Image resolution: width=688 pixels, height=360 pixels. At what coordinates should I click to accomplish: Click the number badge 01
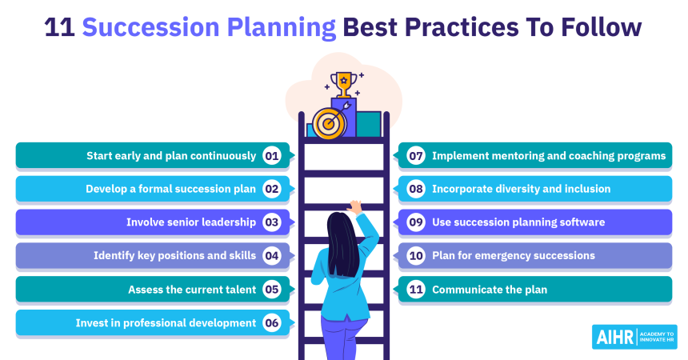[x=272, y=156]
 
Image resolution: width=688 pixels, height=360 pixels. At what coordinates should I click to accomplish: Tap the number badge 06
[x=272, y=323]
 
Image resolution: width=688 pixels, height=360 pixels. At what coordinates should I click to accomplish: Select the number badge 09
[x=416, y=222]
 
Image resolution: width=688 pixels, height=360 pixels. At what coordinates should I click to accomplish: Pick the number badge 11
[x=416, y=290]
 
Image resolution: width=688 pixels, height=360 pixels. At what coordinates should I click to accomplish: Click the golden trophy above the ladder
[x=343, y=84]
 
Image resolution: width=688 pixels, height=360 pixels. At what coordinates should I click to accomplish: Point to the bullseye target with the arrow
[x=330, y=122]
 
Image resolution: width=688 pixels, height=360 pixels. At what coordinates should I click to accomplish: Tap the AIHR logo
[x=634, y=337]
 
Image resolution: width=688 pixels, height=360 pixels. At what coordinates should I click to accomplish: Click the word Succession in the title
[x=151, y=27]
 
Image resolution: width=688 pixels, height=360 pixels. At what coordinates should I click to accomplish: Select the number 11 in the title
[x=60, y=27]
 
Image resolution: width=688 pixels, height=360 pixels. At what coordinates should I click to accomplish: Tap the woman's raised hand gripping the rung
[x=354, y=206]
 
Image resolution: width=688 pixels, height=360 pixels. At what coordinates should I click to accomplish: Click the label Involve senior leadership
[x=191, y=222]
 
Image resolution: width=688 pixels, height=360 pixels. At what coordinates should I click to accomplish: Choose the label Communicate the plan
[x=490, y=290]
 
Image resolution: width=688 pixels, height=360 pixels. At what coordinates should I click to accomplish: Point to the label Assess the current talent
[x=192, y=290]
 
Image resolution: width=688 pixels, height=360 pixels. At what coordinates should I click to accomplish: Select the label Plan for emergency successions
[x=514, y=256]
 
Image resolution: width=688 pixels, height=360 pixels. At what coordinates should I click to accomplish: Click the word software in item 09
[x=582, y=222]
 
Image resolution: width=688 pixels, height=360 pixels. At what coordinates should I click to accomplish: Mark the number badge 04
[x=272, y=255]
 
